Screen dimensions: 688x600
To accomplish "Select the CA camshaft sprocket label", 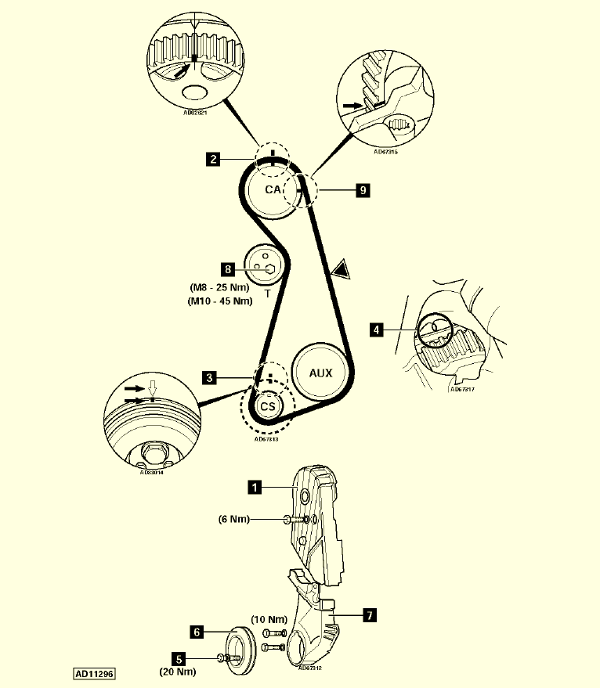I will [x=273, y=190].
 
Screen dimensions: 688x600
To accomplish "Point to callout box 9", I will [x=362, y=189].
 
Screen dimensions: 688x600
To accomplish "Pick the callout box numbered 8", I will [x=228, y=269].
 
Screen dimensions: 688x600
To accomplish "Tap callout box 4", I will [x=378, y=330].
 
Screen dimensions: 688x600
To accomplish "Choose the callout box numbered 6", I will [x=198, y=631].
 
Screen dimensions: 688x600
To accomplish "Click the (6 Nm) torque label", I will [x=234, y=519].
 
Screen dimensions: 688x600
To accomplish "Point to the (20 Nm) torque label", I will [x=177, y=672].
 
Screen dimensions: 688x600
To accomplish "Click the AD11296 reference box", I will [x=94, y=672].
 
